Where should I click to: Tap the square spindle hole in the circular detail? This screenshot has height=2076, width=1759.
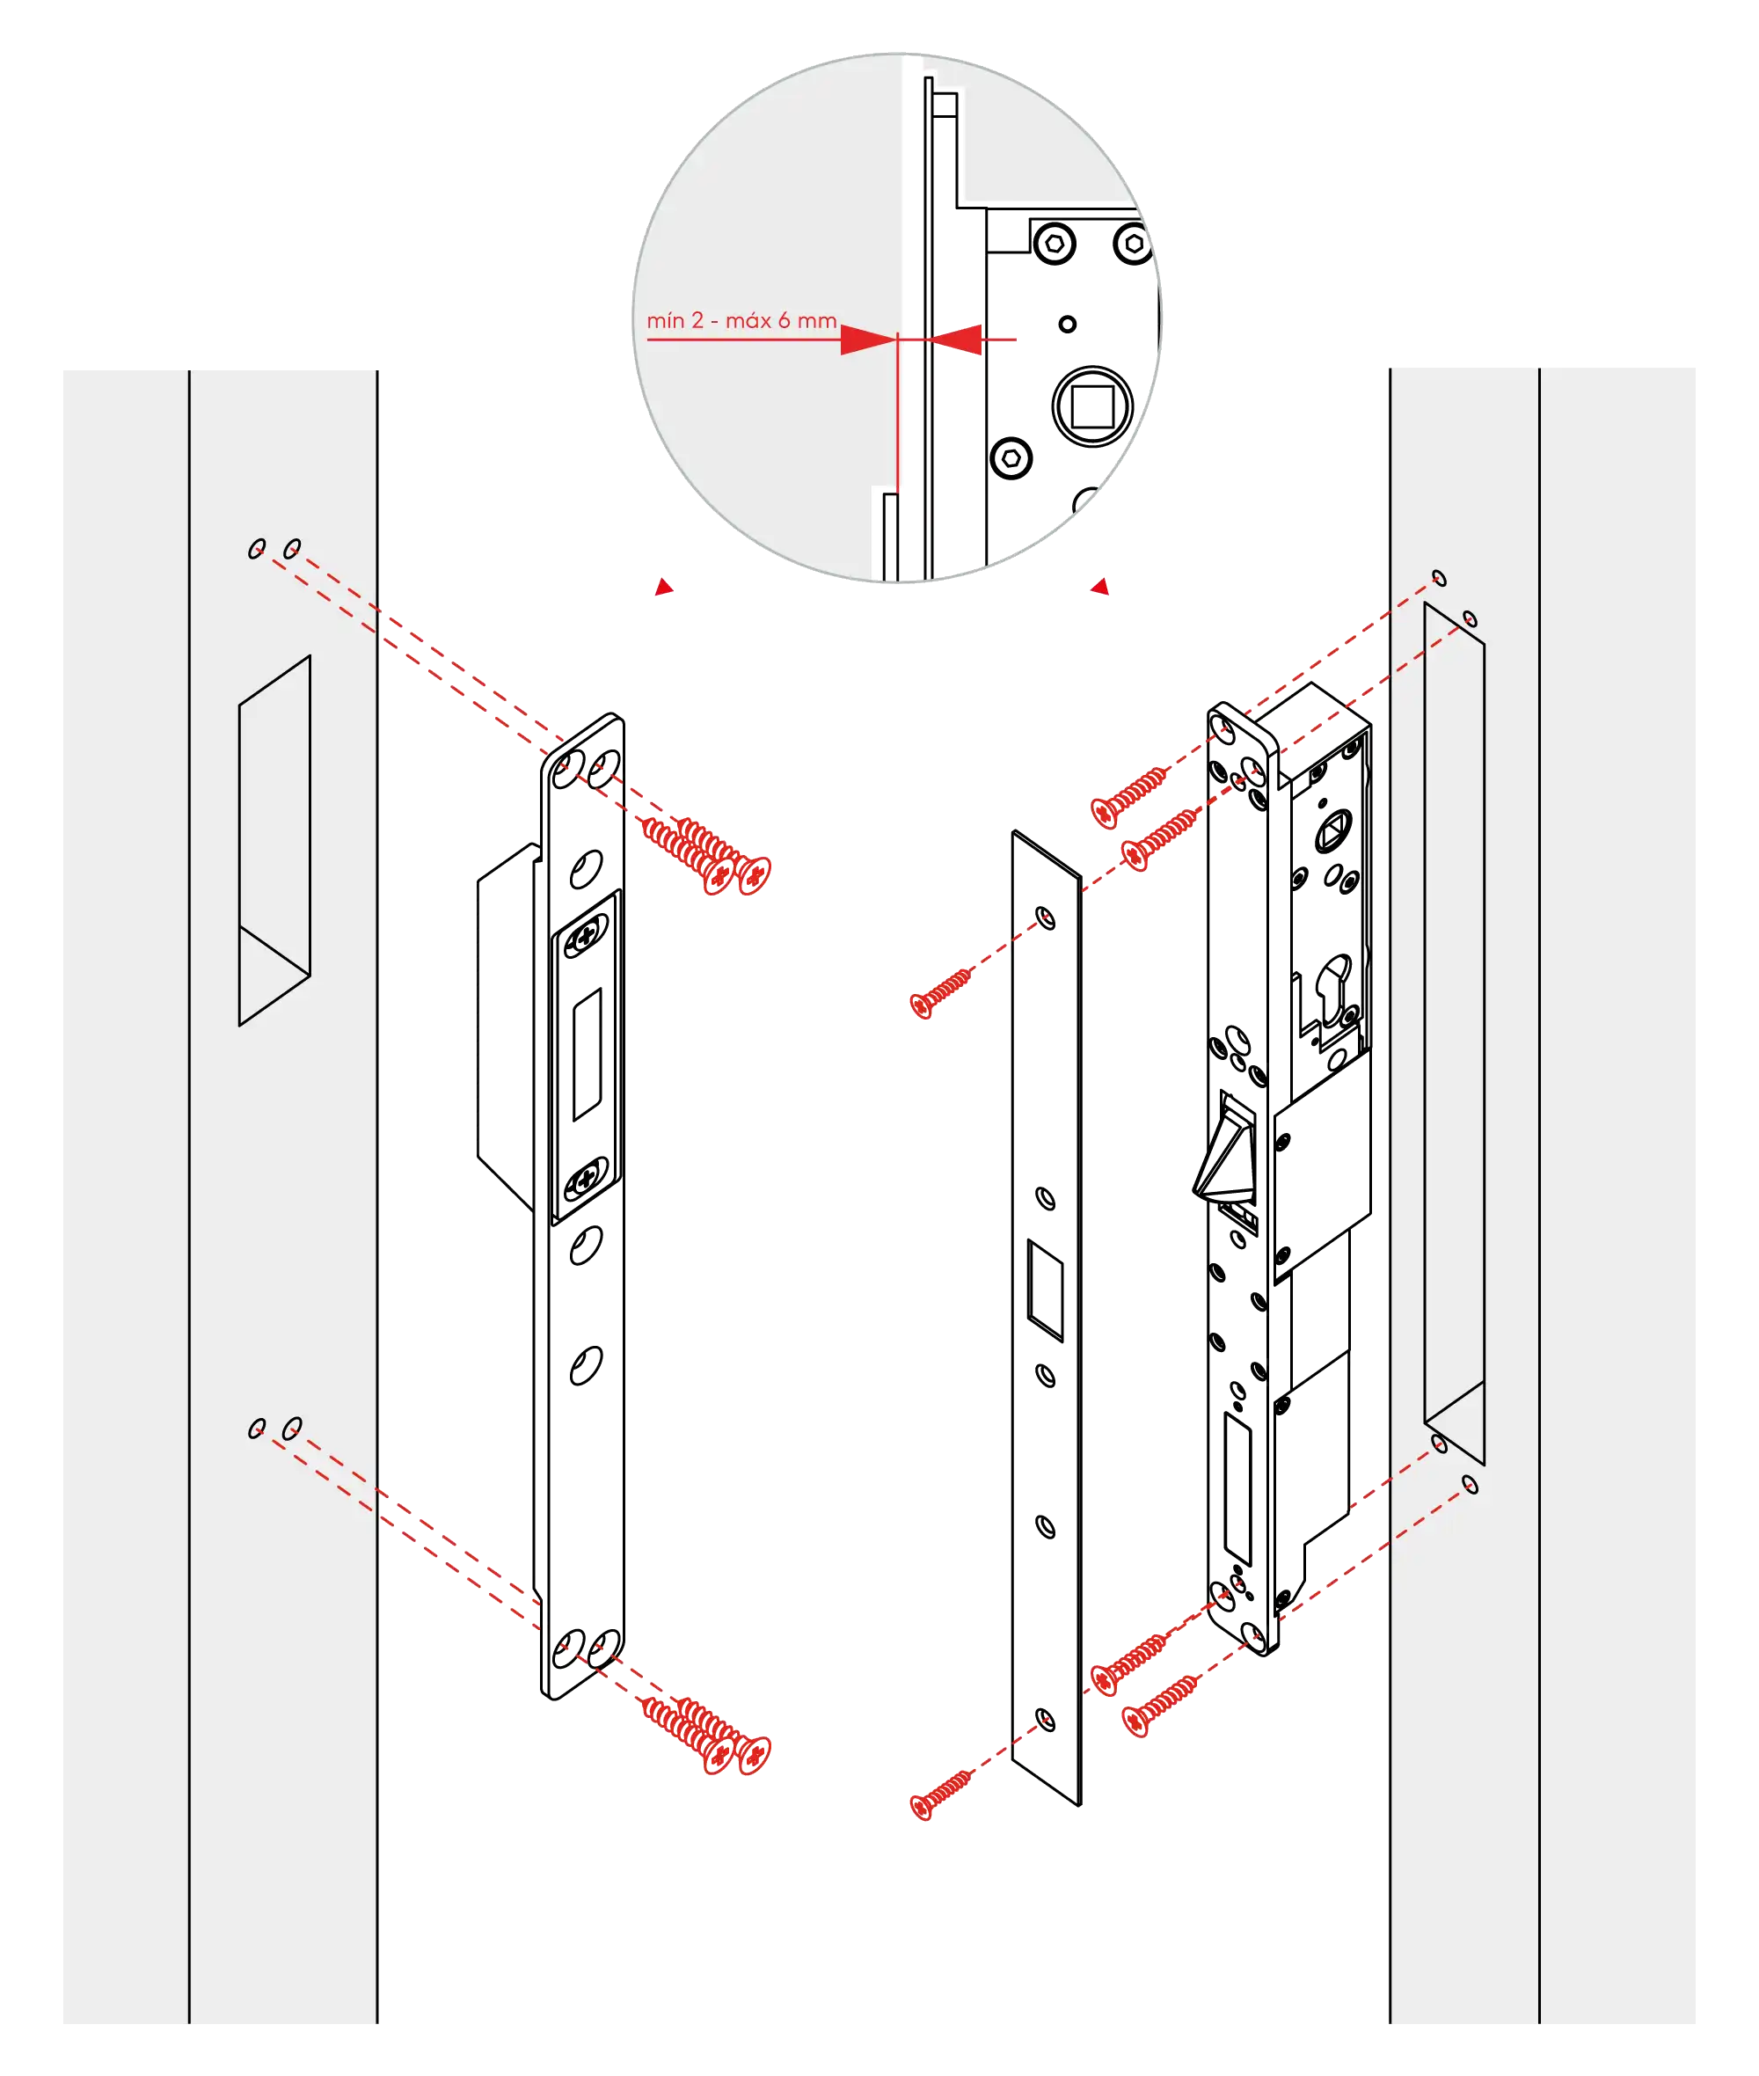(x=1093, y=406)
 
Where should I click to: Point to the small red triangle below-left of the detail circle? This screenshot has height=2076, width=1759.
(x=664, y=588)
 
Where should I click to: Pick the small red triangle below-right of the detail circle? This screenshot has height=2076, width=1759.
(x=1100, y=587)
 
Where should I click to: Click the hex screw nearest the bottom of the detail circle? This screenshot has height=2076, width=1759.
(x=1011, y=457)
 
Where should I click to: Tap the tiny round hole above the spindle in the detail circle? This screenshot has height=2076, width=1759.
(x=1067, y=324)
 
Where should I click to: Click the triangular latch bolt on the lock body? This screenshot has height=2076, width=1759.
(x=1225, y=1149)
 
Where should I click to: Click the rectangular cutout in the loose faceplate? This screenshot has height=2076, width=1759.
(x=1045, y=1290)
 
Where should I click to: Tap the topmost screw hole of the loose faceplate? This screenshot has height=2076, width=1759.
(x=1045, y=917)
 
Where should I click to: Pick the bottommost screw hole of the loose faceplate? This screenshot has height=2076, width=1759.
(x=1045, y=1719)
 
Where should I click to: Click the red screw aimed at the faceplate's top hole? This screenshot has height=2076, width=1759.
(x=941, y=992)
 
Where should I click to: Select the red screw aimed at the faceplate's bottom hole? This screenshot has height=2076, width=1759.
(x=941, y=1794)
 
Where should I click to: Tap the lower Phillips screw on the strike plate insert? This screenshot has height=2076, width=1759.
(x=586, y=1180)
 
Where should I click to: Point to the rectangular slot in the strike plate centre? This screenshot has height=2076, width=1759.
(x=588, y=1055)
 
